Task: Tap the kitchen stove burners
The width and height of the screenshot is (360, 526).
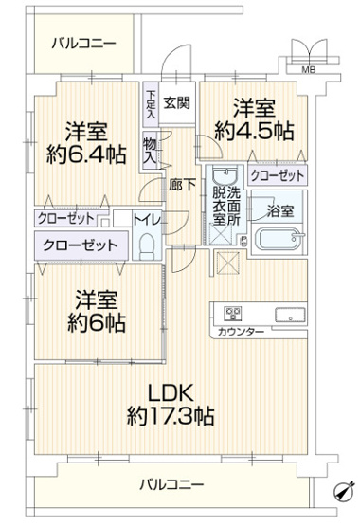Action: tap(232, 315)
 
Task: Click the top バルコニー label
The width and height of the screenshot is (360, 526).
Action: tap(84, 43)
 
